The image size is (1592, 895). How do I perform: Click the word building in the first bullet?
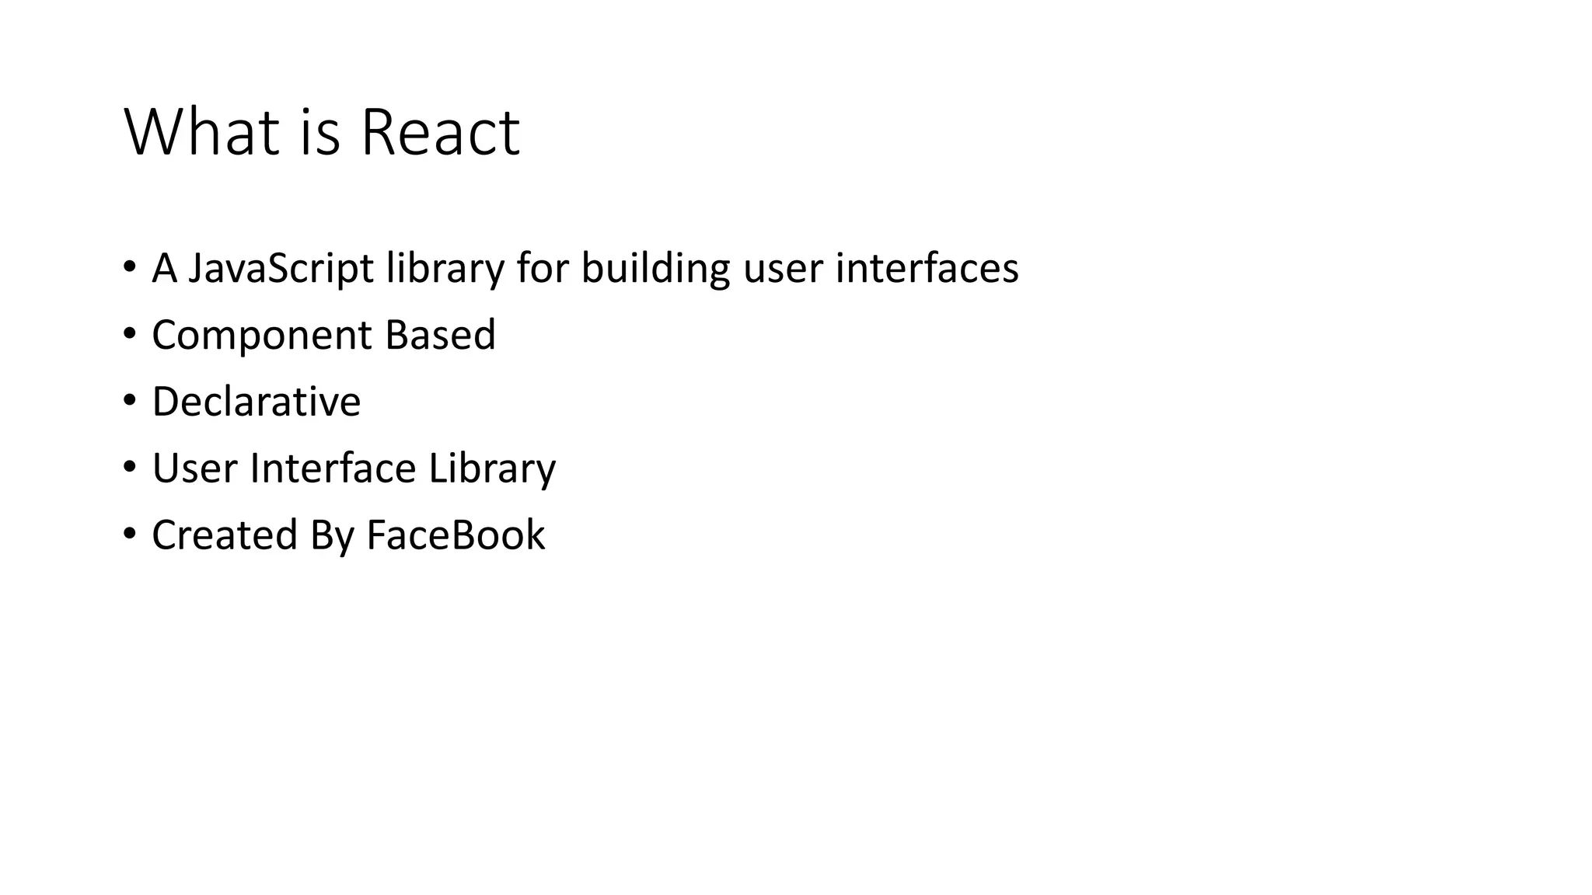[655, 268]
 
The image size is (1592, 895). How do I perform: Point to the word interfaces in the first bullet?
[927, 268]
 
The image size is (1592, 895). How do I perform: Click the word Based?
[440, 335]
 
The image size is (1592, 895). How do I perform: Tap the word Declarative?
[257, 402]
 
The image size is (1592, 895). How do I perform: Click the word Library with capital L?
[492, 469]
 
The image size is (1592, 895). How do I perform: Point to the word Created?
[225, 535]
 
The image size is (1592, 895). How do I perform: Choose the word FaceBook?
[456, 535]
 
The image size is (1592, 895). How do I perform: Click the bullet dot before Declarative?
[129, 401]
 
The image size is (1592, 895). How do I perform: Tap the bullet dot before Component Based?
[129, 334]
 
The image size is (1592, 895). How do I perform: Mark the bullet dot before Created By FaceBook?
[129, 535]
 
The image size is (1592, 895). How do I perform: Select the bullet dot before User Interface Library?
[129, 468]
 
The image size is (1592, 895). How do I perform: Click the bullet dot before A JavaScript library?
[129, 267]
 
